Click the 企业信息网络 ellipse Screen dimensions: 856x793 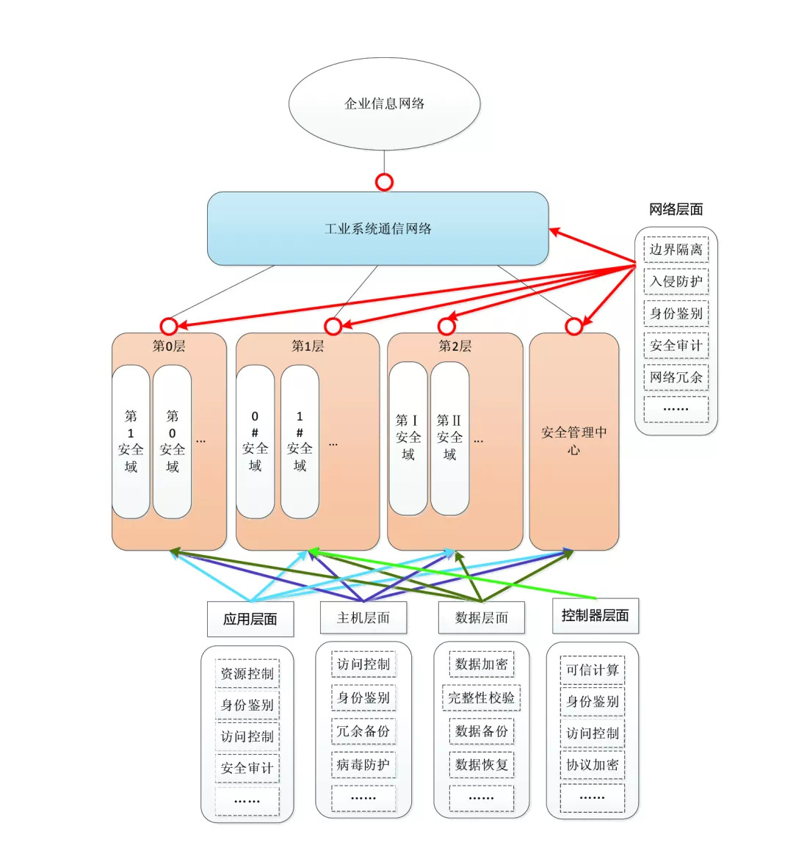384,104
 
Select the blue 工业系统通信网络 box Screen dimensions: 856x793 377,228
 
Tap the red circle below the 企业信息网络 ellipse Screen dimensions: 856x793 384,182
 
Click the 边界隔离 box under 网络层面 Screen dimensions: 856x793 676,250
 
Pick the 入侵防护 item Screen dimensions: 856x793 676,281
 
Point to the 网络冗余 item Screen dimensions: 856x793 676,377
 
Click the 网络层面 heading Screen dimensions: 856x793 676,210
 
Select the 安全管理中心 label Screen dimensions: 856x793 573,440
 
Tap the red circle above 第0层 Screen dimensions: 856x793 169,325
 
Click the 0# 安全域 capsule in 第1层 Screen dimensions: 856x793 255,441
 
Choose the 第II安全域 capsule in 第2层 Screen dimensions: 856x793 449,438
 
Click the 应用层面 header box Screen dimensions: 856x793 250,619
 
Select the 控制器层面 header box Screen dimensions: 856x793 595,615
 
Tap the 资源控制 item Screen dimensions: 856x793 247,673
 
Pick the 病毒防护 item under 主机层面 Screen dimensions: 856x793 363,764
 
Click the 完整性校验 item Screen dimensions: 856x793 481,697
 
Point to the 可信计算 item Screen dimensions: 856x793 592,670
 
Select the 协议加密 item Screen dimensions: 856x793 592,764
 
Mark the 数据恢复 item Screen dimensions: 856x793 481,764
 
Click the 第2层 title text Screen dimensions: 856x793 455,346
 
